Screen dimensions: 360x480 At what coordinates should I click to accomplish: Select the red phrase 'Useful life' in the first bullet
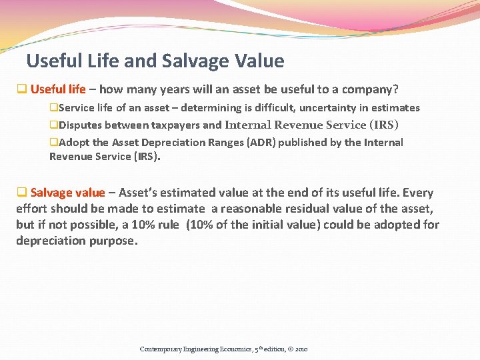pyautogui.click(x=58, y=89)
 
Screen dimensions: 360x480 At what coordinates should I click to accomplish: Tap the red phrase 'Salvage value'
pyautogui.click(x=68, y=193)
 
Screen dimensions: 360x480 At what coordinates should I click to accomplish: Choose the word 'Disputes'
pyautogui.click(x=80, y=125)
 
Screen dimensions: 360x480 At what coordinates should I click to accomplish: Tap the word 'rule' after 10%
pyautogui.click(x=166, y=225)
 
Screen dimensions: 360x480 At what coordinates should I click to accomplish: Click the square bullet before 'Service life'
pyautogui.click(x=53, y=107)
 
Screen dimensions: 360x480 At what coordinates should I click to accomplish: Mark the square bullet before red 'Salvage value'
pyautogui.click(x=21, y=193)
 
